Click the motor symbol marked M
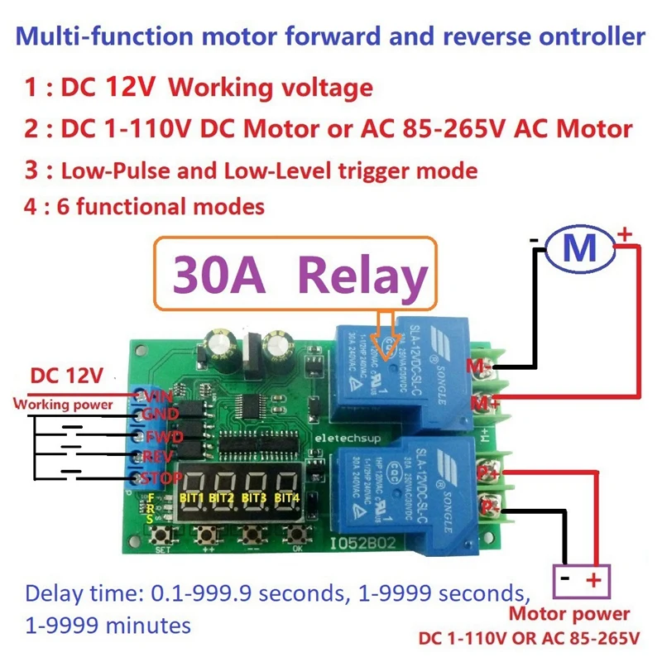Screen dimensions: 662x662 point(579,247)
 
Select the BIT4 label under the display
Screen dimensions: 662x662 point(286,498)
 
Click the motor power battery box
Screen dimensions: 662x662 point(580,579)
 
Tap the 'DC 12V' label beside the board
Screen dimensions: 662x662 point(66,377)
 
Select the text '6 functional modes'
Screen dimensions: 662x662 point(161,205)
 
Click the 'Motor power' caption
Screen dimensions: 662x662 point(568,614)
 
